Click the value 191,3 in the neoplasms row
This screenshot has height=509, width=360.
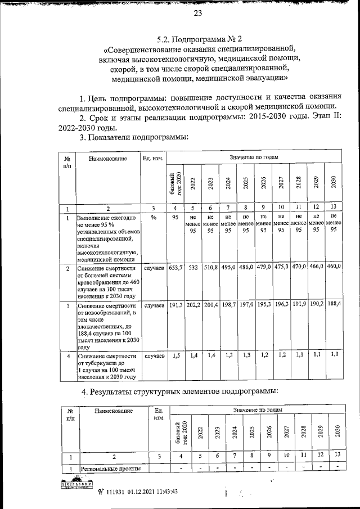click(x=175, y=305)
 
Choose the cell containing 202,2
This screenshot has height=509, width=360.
click(x=193, y=305)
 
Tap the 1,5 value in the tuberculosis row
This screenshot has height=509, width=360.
click(x=175, y=356)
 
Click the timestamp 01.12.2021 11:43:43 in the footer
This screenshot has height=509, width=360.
click(x=145, y=491)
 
